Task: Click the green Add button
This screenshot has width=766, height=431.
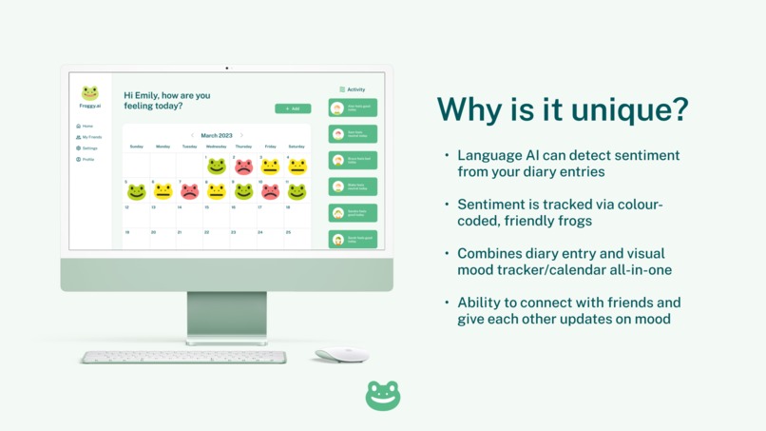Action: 293,108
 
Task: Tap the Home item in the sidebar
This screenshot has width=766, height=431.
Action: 86,126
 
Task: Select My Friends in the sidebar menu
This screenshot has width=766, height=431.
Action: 89,137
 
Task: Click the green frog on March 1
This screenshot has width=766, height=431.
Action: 217,167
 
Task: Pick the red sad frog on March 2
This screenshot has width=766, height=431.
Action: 243,167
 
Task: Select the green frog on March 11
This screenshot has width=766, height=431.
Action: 297,191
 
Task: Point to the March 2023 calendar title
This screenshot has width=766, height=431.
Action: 216,135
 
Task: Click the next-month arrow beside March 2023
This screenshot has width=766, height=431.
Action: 241,135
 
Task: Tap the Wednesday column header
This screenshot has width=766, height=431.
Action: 216,147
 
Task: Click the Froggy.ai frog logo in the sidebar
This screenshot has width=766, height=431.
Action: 89,93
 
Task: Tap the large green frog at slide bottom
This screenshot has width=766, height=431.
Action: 383,396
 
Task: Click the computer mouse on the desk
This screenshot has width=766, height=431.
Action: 341,355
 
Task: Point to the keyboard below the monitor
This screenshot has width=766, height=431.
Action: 183,358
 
